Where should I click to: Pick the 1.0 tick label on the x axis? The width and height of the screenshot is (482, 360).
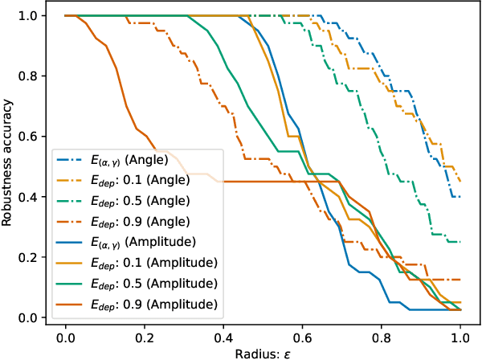[460, 333]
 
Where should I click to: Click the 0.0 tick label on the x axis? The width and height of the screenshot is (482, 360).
[65, 333]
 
